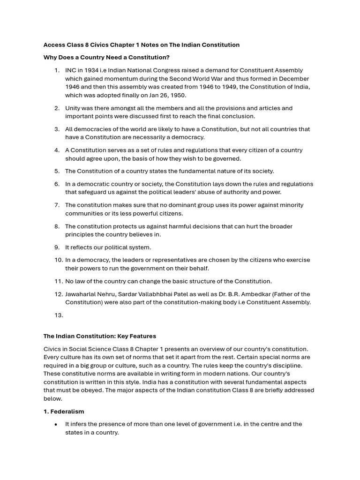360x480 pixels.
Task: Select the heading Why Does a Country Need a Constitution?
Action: [x=106, y=58]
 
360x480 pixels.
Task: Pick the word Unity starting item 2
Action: [x=73, y=108]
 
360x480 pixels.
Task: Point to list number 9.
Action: [x=57, y=247]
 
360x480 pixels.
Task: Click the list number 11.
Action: [x=58, y=281]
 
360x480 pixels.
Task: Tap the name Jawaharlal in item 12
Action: [x=81, y=294]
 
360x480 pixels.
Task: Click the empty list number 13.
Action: [x=58, y=315]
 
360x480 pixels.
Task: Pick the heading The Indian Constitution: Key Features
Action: [x=100, y=336]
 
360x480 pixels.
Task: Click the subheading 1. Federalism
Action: [x=64, y=412]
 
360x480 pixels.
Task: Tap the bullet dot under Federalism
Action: [x=56, y=424]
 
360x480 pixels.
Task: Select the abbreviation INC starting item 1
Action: [x=71, y=70]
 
